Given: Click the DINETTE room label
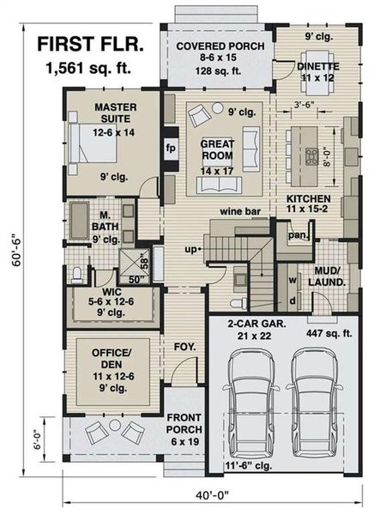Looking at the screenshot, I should tap(318, 66).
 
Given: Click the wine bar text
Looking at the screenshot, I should tap(238, 209).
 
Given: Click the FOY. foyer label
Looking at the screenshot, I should tap(184, 348).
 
